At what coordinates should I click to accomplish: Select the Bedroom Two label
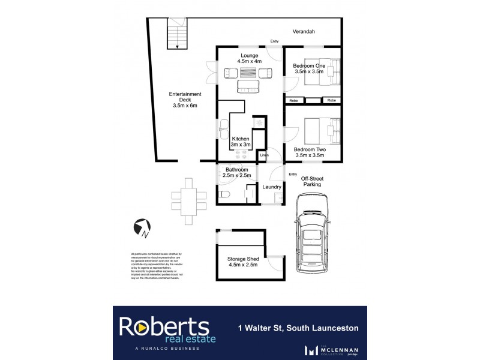point(310,152)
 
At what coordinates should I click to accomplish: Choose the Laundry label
point(272,187)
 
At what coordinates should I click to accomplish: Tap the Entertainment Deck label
point(184,100)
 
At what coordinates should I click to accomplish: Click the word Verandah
point(304,32)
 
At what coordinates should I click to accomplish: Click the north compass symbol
point(142,226)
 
